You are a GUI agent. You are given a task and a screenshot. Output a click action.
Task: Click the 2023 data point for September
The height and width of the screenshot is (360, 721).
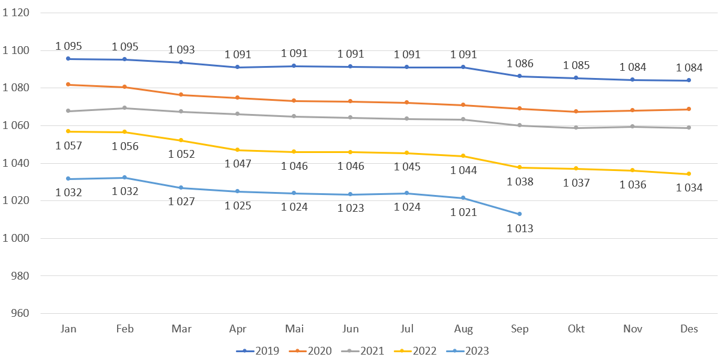pyautogui.click(x=520, y=214)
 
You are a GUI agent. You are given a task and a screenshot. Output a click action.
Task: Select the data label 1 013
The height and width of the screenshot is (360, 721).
pyautogui.click(x=520, y=228)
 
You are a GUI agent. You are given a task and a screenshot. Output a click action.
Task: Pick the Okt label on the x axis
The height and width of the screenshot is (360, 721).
pyautogui.click(x=576, y=329)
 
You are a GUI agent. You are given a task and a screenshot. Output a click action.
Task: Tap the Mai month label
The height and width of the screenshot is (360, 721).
pyautogui.click(x=294, y=329)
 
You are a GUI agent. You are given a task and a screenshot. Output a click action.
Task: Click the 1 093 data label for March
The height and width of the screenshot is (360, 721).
pyautogui.click(x=181, y=50)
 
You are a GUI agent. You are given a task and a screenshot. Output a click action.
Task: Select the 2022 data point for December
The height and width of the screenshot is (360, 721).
pyautogui.click(x=689, y=174)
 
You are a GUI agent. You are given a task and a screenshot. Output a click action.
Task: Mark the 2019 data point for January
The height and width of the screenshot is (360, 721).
pyautogui.click(x=68, y=59)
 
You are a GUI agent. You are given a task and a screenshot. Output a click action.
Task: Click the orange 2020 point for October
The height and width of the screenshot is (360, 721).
pyautogui.click(x=576, y=112)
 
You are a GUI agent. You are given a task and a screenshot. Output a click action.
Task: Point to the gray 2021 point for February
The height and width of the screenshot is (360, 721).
pyautogui.click(x=125, y=108)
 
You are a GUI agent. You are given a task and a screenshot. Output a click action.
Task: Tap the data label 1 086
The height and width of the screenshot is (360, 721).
pyautogui.click(x=520, y=63)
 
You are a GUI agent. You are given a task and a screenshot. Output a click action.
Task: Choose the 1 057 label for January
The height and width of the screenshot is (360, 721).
pyautogui.click(x=68, y=145)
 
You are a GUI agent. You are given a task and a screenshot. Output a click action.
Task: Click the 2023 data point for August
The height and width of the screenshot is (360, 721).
pyautogui.click(x=463, y=198)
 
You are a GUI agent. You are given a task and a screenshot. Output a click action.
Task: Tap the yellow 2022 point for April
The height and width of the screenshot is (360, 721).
pyautogui.click(x=238, y=150)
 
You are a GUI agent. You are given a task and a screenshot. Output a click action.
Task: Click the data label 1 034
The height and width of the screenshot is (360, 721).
pyautogui.click(x=689, y=188)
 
